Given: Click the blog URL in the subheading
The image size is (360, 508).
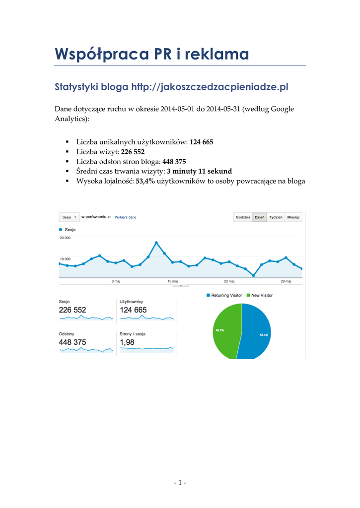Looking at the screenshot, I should point(210,87).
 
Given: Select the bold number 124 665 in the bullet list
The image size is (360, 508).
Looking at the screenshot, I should point(201,142).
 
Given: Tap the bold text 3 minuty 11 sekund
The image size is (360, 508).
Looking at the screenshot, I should point(199,171).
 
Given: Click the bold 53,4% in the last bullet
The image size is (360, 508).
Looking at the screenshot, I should point(145,181).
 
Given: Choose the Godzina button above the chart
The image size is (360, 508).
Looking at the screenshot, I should point(243,217).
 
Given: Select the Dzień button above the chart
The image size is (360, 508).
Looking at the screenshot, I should point(259,217).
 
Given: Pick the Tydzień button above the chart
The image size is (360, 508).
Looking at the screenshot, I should point(276,217).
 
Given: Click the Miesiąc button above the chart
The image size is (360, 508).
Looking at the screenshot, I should point(293,217).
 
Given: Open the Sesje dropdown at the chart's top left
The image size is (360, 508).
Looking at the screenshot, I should point(69,217).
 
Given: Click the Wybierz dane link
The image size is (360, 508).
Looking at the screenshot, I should point(126,217).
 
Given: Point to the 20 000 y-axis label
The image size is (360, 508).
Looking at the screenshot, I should point(65,238).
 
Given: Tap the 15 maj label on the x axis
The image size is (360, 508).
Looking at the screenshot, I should point(172,281).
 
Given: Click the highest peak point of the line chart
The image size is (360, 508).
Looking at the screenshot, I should point(156,243).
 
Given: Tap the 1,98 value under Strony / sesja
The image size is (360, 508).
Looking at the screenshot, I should point(127,342).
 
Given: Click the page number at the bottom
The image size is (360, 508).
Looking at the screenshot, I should point(180,482).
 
